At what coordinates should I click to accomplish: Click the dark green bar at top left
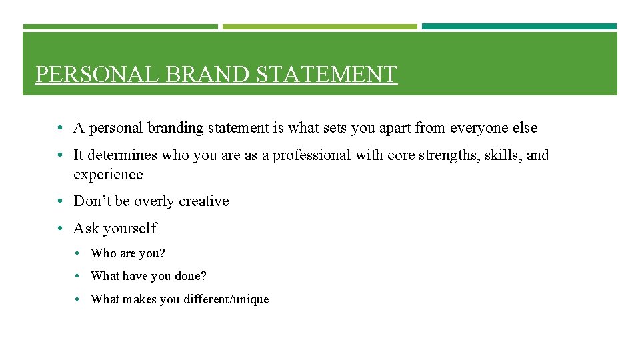(x=120, y=27)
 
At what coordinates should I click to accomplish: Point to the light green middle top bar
(x=319, y=27)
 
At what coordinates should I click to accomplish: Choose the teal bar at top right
(x=519, y=27)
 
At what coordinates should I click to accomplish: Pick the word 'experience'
(x=108, y=175)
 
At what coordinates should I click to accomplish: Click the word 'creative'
(x=203, y=201)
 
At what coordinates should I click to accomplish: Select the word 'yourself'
(x=130, y=229)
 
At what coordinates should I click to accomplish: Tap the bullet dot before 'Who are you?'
(x=78, y=253)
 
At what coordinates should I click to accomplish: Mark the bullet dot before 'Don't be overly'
(x=60, y=201)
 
